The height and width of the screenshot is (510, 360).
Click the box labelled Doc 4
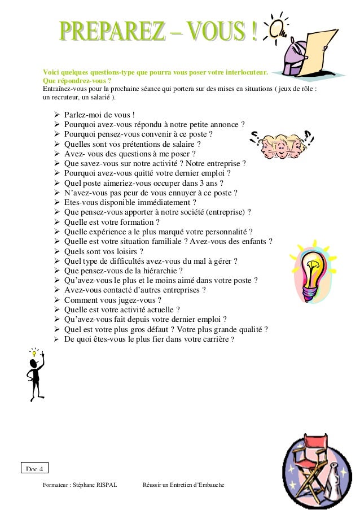[x=35, y=468]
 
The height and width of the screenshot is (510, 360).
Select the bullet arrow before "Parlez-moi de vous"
[x=56, y=115]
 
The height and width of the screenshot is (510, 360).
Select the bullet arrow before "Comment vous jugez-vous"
[x=56, y=300]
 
